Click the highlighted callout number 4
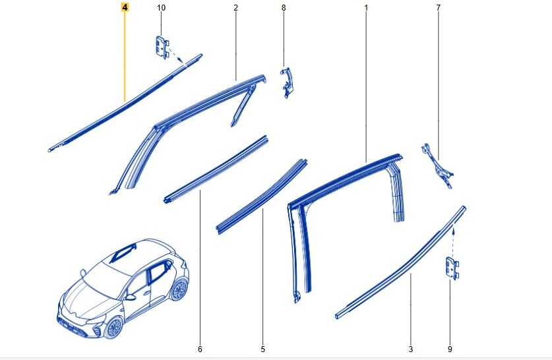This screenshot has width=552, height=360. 125,7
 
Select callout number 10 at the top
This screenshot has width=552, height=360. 161,7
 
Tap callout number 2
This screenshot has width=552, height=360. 235,7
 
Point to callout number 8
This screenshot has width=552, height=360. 284,7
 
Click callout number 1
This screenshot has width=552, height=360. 366,7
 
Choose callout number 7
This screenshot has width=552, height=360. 438,7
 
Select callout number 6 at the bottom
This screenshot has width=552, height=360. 200,349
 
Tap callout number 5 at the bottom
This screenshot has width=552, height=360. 262,349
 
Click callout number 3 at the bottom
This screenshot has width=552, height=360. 410,349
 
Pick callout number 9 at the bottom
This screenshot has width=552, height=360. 450,349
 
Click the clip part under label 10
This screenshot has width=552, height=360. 162,47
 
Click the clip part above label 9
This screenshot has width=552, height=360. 452,268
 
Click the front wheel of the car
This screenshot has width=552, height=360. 113,327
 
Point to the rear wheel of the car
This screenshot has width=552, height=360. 179,289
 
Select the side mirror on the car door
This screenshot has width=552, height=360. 131,297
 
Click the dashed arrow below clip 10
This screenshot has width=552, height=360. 177,57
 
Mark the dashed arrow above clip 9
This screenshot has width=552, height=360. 452,242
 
